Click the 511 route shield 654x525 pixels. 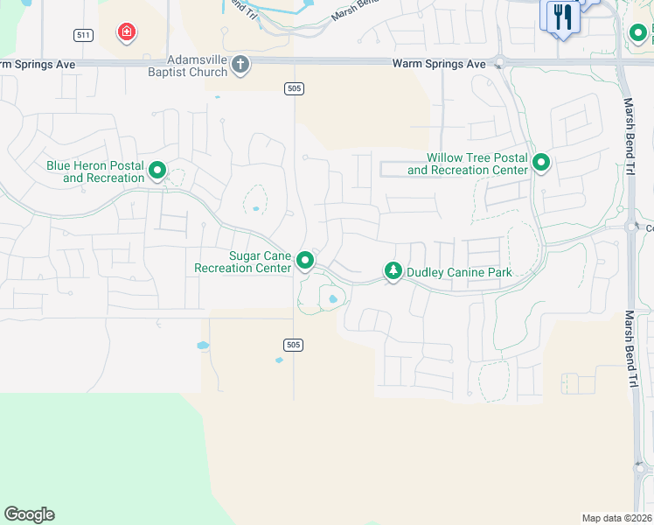83,35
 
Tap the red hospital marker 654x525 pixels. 127,33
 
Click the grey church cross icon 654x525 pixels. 240,65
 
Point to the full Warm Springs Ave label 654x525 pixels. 438,64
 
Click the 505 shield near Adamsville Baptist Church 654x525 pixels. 293,87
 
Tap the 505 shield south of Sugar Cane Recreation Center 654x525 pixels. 293,345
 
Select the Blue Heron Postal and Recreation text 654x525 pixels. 95,171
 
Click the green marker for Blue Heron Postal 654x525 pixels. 157,170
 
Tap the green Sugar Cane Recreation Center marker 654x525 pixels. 305,260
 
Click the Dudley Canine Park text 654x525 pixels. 458,272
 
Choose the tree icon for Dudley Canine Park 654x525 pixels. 393,272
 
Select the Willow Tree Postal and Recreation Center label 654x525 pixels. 468,164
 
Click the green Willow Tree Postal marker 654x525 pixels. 541,162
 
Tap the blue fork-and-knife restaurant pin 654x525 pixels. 561,17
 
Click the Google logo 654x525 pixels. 29,514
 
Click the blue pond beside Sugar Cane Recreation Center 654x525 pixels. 332,300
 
